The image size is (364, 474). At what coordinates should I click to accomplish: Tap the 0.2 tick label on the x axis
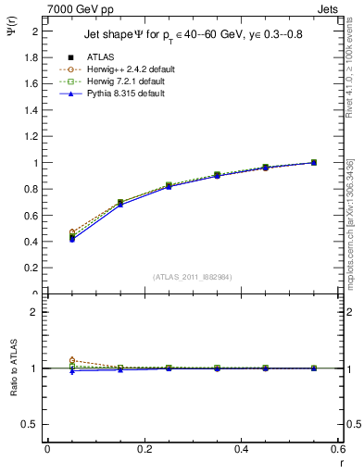tap(144, 449)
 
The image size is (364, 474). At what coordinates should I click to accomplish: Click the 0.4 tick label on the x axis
tap(242, 449)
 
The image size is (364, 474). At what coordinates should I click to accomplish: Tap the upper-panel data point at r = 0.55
tap(314, 163)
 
